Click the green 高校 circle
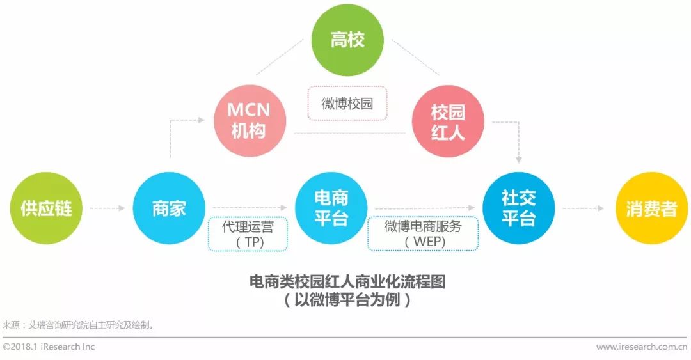347,40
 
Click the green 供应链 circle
46,208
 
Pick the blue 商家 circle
169,208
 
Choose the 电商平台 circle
331,208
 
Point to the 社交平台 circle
518,208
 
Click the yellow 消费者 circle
651,208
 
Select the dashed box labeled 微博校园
347,104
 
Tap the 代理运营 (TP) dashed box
248,235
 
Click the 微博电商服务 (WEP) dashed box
422,235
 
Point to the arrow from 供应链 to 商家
107,208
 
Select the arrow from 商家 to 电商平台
250,207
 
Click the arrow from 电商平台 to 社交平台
425,207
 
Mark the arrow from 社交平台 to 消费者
583,208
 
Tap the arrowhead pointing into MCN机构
210,119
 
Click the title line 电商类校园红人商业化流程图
347,282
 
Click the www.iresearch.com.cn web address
641,347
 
